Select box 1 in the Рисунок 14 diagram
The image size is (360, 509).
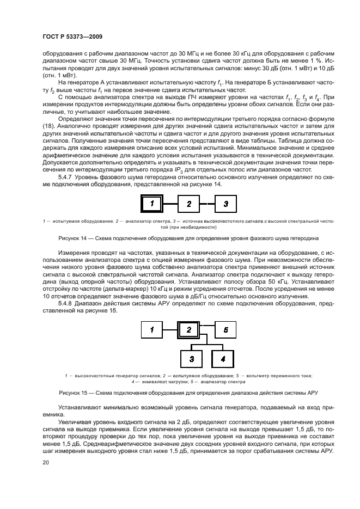click(x=153, y=204)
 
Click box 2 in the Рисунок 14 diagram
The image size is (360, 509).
click(x=188, y=204)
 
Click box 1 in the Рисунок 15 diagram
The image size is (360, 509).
click(x=153, y=329)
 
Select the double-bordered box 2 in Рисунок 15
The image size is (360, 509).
click(x=188, y=329)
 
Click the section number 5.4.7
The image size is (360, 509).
click(x=67, y=177)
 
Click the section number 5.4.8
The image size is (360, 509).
click(x=67, y=303)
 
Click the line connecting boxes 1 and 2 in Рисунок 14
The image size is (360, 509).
click(x=171, y=204)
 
